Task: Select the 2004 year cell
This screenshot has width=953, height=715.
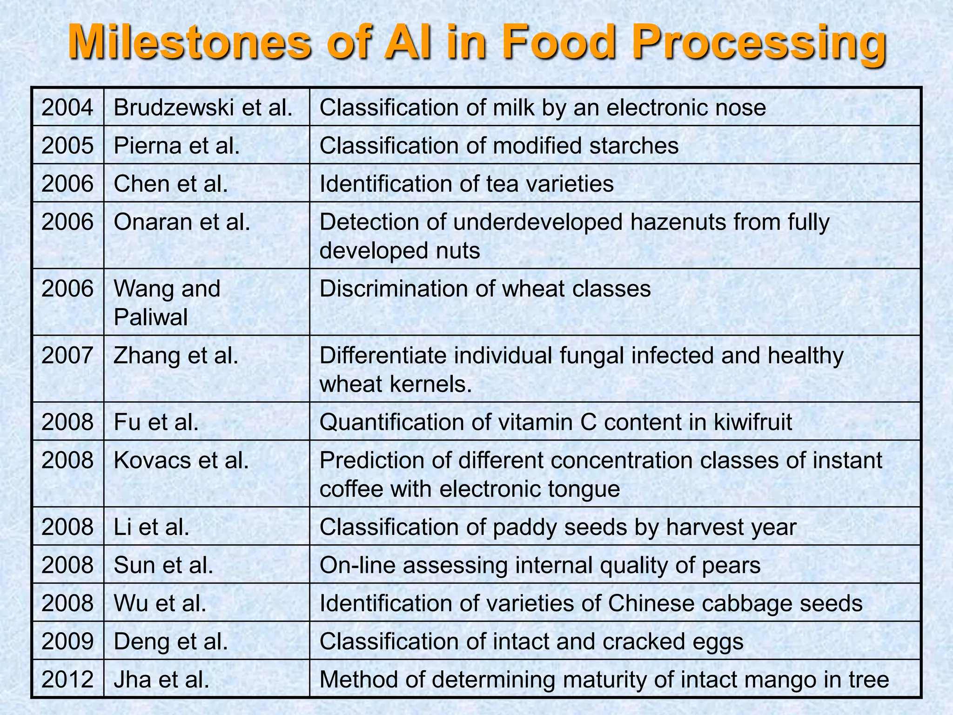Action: (67, 108)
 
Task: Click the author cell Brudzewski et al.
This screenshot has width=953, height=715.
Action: (203, 108)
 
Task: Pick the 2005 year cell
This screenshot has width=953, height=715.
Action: (67, 146)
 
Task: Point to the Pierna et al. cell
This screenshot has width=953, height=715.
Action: (177, 146)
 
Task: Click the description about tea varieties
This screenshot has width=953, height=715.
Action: (466, 183)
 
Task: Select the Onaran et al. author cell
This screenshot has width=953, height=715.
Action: (182, 222)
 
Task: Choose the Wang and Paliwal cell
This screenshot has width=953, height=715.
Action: (167, 303)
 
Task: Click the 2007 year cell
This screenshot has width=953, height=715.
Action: (67, 356)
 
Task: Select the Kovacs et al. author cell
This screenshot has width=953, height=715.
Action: (181, 460)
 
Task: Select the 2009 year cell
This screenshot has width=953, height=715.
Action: (67, 641)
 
